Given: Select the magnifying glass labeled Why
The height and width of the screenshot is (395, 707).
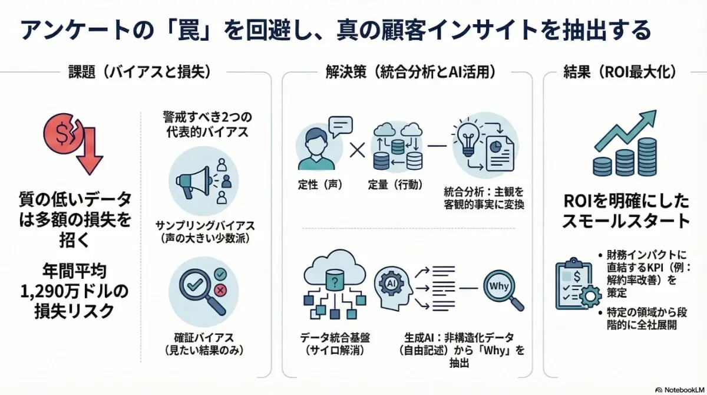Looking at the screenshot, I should (x=501, y=287).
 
